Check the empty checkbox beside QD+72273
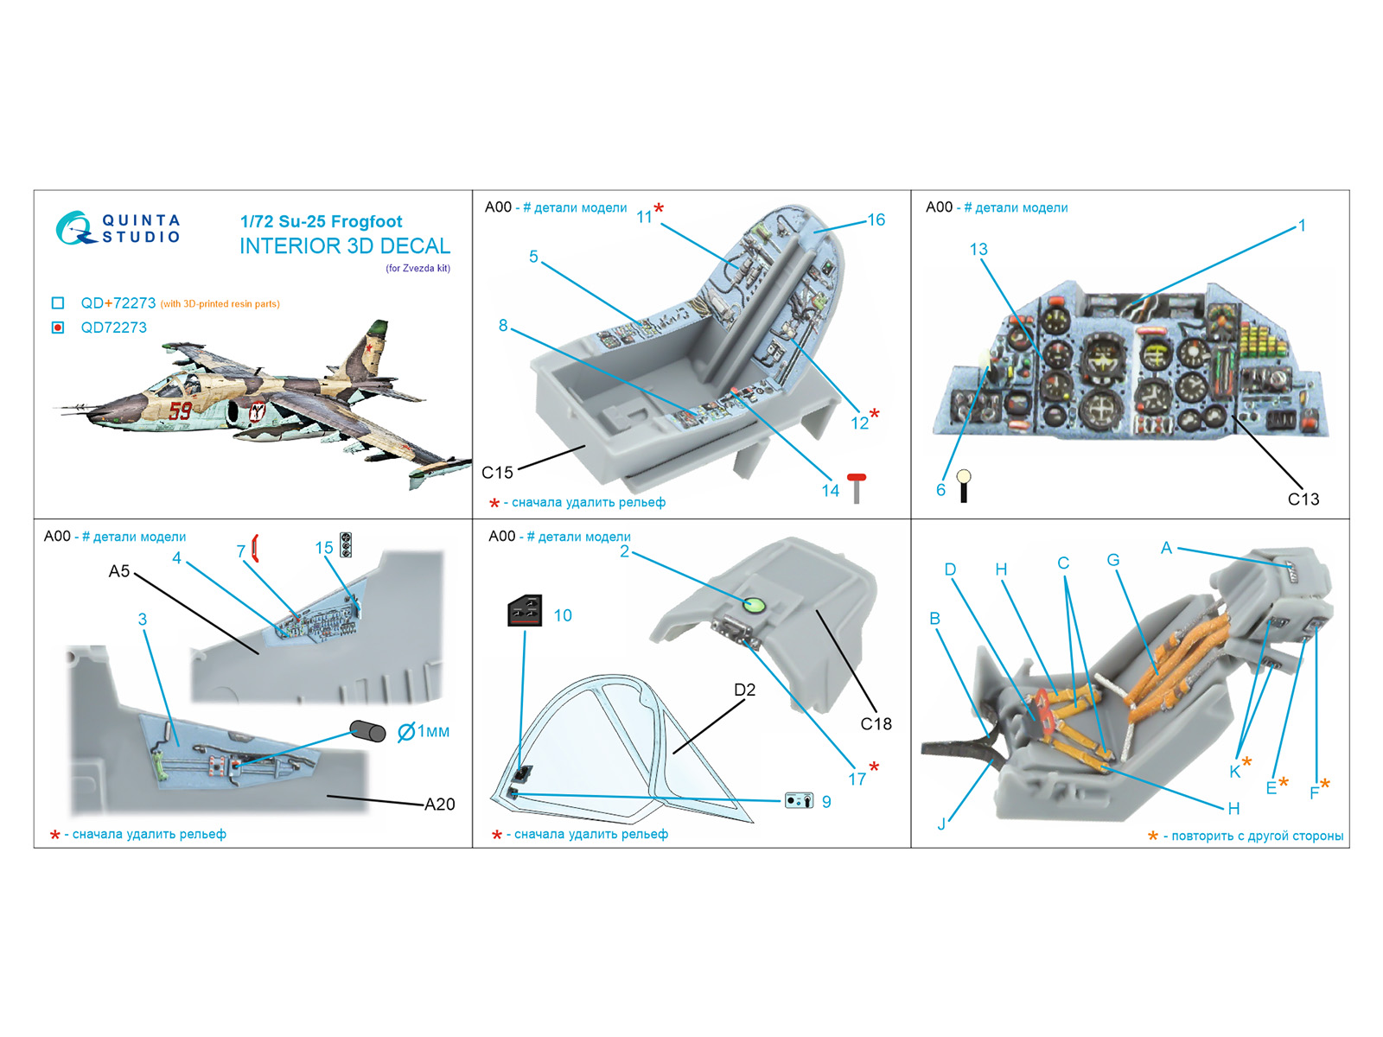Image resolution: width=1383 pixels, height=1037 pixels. (x=58, y=303)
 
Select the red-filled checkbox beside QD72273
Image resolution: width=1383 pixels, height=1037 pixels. (x=58, y=328)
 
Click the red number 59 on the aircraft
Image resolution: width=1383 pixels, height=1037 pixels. (x=181, y=410)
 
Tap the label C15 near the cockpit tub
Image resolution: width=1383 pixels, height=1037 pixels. (x=497, y=473)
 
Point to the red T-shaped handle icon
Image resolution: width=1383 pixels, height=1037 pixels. (x=856, y=487)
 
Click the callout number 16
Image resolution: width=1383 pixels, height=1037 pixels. (x=876, y=219)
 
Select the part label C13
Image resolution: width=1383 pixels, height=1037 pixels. (x=1303, y=499)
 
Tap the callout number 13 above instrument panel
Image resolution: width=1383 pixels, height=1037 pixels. (x=978, y=249)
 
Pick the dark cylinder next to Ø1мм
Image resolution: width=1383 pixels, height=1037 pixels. (x=367, y=732)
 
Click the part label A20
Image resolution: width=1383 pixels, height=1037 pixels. (x=439, y=805)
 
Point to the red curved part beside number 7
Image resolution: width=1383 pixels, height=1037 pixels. (x=255, y=548)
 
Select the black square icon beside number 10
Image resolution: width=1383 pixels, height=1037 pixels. (x=525, y=611)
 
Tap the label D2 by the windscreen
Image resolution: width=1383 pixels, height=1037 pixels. (x=744, y=690)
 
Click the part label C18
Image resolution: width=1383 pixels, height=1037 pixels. (x=876, y=723)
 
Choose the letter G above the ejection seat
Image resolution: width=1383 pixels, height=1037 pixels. (x=1112, y=560)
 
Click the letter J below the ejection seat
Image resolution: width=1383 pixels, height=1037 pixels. (x=941, y=824)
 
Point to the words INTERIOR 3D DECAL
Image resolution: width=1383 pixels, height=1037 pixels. (x=345, y=246)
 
